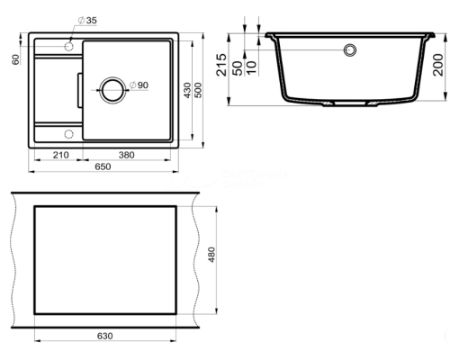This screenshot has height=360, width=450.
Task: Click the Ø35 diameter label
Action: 87,21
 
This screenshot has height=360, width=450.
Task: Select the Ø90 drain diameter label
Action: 139,85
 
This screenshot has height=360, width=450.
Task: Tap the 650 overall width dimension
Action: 103,166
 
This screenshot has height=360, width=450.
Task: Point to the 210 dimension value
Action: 60,155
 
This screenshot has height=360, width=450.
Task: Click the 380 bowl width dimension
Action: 126,155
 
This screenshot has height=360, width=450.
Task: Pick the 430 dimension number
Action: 187,90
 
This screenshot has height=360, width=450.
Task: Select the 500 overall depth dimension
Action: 198,90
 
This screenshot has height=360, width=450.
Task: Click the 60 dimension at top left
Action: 15,59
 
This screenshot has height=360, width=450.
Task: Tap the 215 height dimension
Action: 221,65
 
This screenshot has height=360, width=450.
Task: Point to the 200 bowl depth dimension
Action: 438,65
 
